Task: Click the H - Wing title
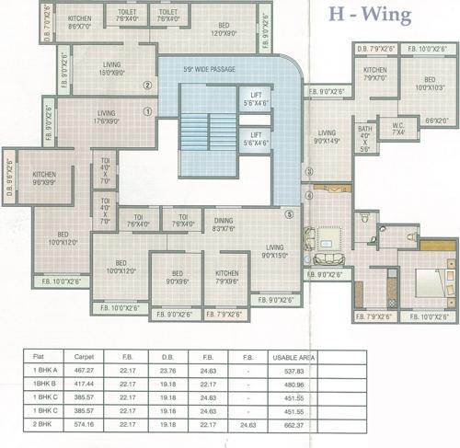(373, 15)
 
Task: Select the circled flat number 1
(147, 113)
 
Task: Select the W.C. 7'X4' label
(398, 131)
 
